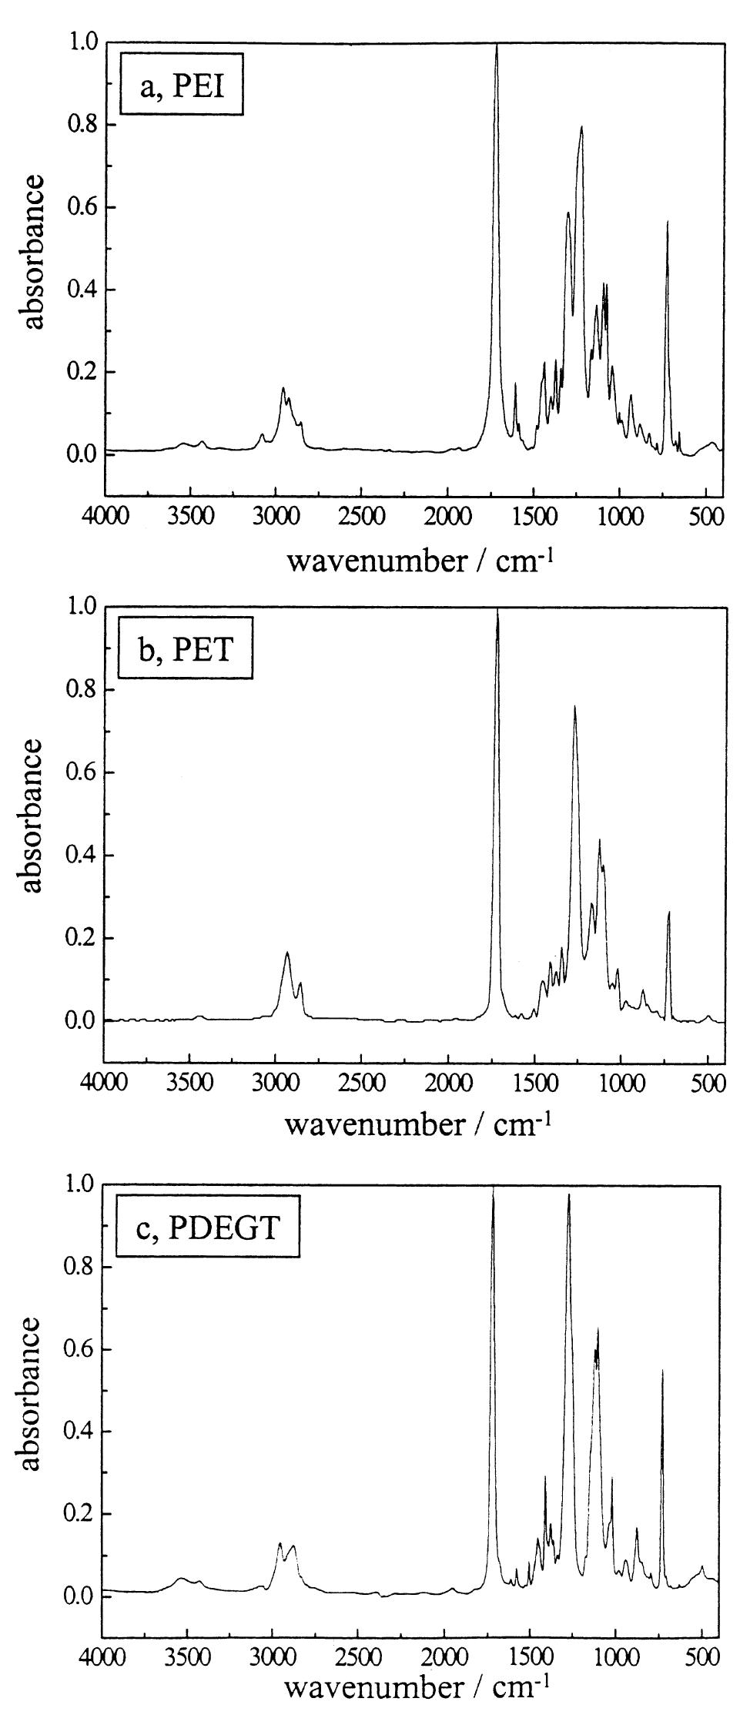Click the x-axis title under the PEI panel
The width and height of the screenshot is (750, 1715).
(420, 560)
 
